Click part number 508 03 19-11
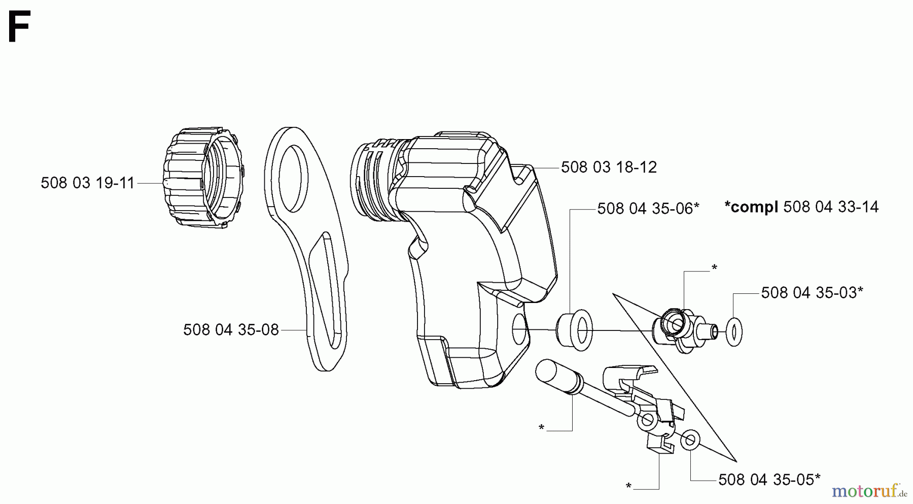pyautogui.click(x=88, y=183)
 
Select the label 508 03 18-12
pyautogui.click(x=609, y=167)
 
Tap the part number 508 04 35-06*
pyautogui.click(x=648, y=208)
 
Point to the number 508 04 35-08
pyautogui.click(x=231, y=330)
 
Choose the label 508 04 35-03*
pyautogui.click(x=812, y=292)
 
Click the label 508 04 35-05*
pyautogui.click(x=769, y=479)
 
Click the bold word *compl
pyautogui.click(x=751, y=207)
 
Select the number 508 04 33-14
pyautogui.click(x=831, y=207)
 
